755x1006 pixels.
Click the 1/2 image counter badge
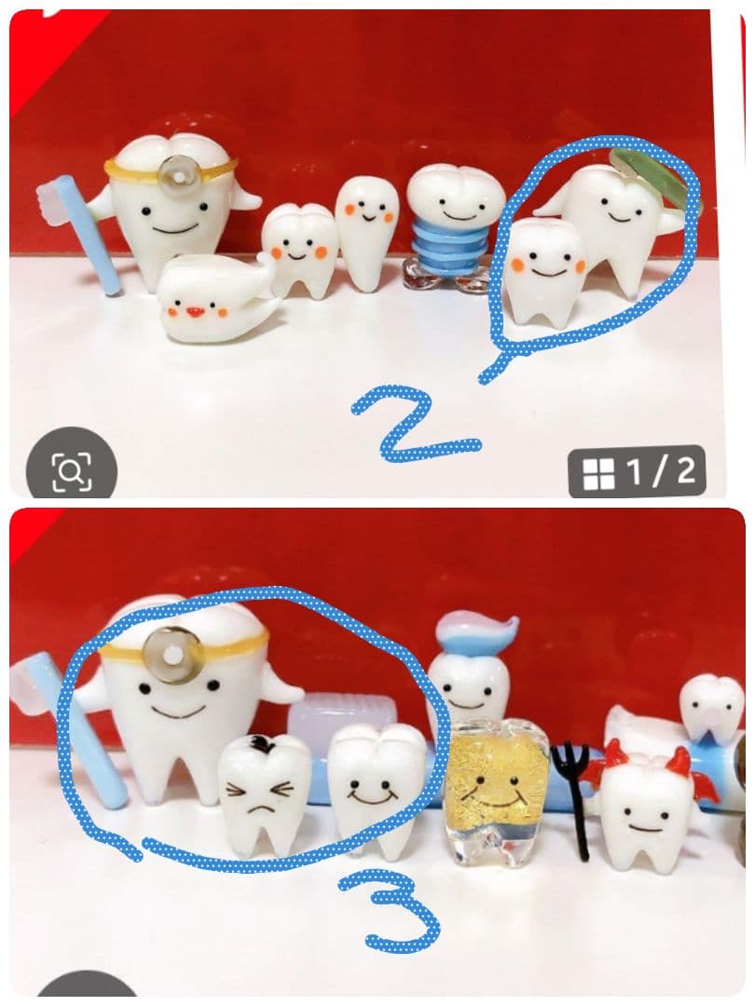click(637, 471)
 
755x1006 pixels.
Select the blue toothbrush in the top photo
click(80, 231)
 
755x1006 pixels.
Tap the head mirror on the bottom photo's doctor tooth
click(172, 654)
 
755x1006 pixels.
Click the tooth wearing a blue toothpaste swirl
click(472, 667)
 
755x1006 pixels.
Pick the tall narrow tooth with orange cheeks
click(366, 224)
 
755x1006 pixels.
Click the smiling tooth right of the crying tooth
click(377, 789)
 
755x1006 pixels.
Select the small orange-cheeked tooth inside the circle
click(545, 269)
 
